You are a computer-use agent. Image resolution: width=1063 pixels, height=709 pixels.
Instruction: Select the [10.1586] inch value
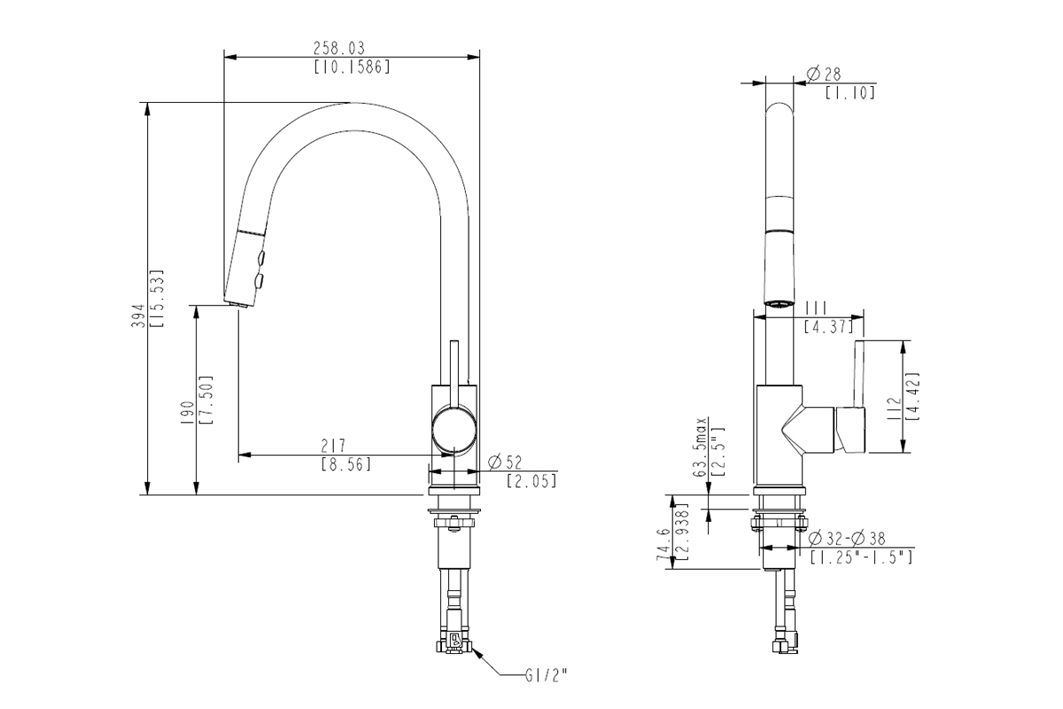(x=352, y=66)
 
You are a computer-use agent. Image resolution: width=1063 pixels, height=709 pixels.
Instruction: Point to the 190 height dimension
(x=187, y=413)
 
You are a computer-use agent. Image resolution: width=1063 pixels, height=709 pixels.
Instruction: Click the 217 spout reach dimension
(x=332, y=446)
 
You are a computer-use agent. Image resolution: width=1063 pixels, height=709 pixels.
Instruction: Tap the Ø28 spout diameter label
(x=824, y=74)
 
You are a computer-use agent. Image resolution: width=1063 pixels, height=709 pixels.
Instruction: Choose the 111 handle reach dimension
(x=816, y=307)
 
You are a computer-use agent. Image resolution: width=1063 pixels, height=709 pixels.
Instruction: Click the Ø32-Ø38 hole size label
(x=847, y=539)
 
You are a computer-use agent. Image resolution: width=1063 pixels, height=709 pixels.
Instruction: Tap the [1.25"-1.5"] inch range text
(x=861, y=557)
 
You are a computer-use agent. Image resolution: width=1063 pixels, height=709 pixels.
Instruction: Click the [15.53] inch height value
(x=157, y=299)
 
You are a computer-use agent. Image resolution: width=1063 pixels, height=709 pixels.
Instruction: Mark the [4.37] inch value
(x=830, y=326)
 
